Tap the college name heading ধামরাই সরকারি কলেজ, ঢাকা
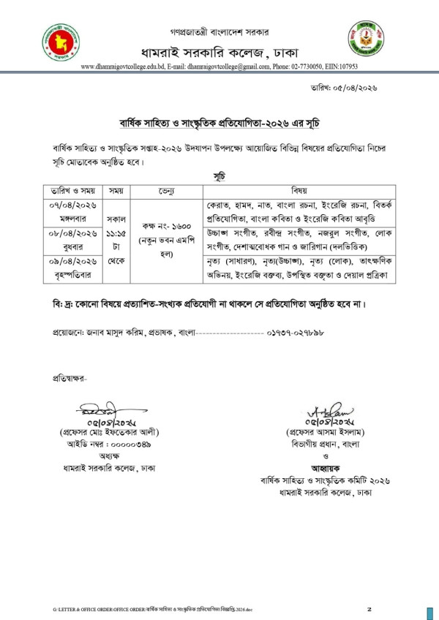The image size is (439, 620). (x=219, y=51)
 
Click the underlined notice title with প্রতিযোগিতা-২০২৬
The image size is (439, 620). (x=219, y=122)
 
